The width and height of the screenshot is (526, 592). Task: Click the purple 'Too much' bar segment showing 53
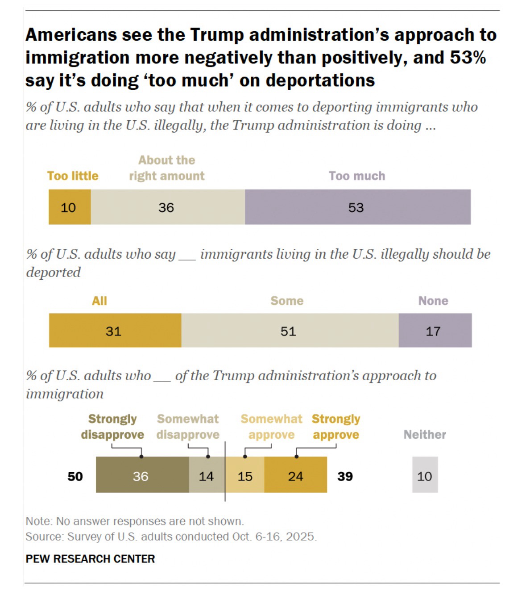(357, 207)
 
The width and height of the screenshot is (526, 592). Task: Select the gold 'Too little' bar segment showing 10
(70, 207)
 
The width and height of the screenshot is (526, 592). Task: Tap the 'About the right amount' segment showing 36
(168, 207)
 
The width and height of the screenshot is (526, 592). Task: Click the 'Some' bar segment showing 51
(290, 331)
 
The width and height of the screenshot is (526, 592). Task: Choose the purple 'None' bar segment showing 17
(435, 331)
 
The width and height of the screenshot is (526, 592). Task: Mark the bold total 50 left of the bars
(75, 476)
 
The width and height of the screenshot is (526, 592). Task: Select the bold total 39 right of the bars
(345, 476)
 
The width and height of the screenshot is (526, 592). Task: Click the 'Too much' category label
(357, 176)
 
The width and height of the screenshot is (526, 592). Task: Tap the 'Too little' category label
(73, 176)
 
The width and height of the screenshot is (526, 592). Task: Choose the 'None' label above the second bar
(433, 301)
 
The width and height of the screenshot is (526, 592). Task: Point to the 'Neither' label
(425, 435)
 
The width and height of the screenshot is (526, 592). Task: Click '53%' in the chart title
(467, 58)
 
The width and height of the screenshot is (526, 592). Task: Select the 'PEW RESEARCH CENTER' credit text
(90, 559)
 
